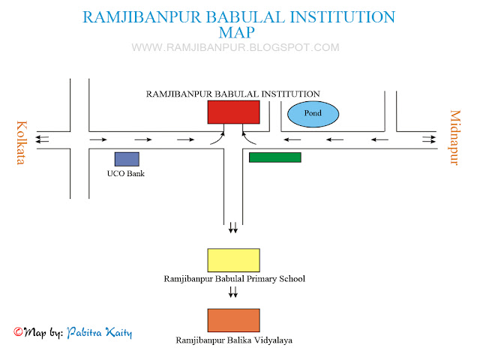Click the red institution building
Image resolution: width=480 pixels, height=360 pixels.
click(x=233, y=112)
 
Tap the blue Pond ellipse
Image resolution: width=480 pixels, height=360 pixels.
click(x=313, y=114)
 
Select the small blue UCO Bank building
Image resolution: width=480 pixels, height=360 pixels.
click(x=127, y=159)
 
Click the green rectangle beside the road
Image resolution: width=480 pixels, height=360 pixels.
click(x=274, y=157)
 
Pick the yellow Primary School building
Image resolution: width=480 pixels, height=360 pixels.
click(x=233, y=260)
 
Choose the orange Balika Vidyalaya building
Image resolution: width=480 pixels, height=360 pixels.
click(x=233, y=320)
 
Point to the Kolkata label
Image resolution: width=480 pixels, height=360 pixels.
click(x=21, y=142)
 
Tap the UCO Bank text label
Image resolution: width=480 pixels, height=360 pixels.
click(x=125, y=174)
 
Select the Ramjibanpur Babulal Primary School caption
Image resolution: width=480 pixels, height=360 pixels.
click(x=234, y=278)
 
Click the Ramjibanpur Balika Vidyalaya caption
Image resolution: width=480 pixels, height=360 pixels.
click(x=234, y=340)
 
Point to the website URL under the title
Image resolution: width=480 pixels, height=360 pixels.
click(x=235, y=47)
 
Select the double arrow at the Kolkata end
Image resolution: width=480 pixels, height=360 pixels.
click(x=44, y=139)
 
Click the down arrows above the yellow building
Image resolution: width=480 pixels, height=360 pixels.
click(x=233, y=226)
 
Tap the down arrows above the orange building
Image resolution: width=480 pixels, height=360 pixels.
click(x=233, y=292)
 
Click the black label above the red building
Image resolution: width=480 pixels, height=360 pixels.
click(x=233, y=94)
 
